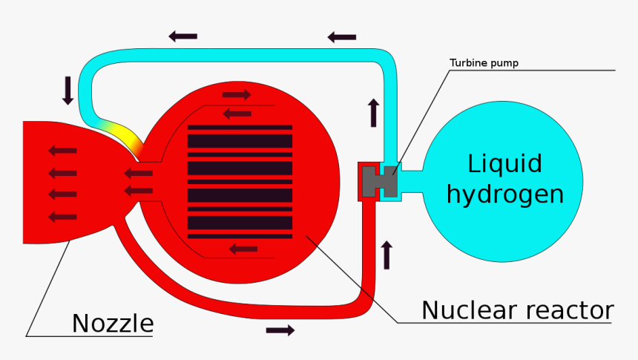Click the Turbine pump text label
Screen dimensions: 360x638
click(x=484, y=63)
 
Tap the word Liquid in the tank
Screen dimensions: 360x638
click(x=504, y=164)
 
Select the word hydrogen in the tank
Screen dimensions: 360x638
click(x=504, y=194)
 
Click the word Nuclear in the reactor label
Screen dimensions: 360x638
click(x=470, y=310)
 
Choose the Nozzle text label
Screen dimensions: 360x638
click(x=113, y=324)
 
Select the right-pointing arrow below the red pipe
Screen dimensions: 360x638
click(x=280, y=330)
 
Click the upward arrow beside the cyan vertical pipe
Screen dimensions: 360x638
click(x=372, y=112)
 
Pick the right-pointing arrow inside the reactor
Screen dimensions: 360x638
click(x=237, y=94)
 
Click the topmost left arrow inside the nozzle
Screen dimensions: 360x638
click(x=62, y=151)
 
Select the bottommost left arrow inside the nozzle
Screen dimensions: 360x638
click(x=62, y=217)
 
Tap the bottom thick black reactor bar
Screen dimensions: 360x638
click(x=240, y=223)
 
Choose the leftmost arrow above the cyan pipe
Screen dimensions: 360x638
click(x=183, y=36)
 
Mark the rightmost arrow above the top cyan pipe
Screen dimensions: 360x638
click(x=342, y=36)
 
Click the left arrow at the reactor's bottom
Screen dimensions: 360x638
click(x=243, y=249)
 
